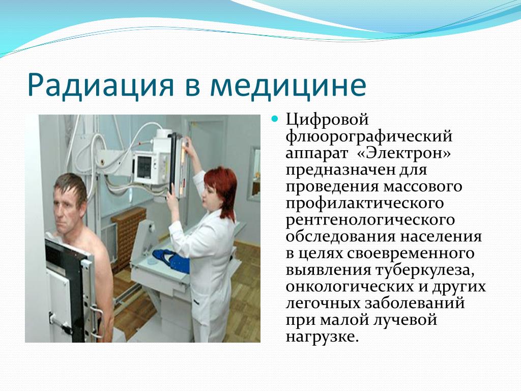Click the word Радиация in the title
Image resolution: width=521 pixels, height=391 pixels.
100,86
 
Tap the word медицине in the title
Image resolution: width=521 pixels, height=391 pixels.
288,85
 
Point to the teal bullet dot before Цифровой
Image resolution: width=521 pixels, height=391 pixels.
274,118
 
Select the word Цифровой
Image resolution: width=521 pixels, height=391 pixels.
327,120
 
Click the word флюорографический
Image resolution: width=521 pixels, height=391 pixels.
369,136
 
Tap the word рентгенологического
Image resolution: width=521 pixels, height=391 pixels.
370,220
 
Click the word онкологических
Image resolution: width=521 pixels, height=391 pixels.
350,287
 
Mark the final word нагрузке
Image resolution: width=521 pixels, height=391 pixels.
322,337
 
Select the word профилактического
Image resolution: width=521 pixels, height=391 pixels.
364,204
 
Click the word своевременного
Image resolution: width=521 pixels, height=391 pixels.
411,254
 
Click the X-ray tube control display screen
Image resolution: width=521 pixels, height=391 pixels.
144,166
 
